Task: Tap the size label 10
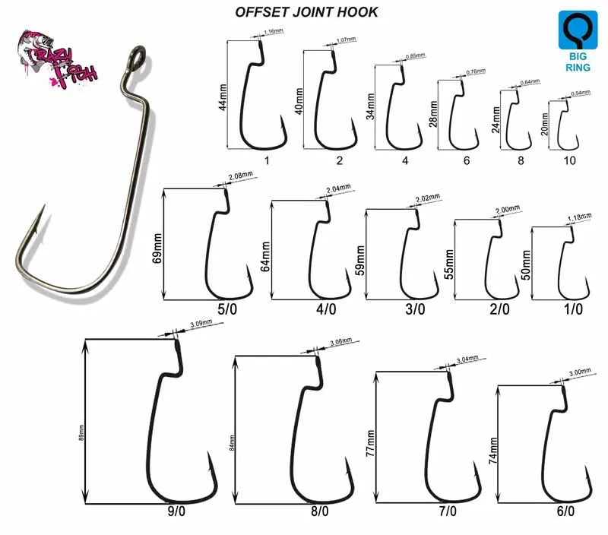point(569,160)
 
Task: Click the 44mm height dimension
point(223,96)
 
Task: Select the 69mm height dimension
point(158,245)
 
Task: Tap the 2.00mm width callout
point(508,209)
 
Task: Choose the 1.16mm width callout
point(273,33)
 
